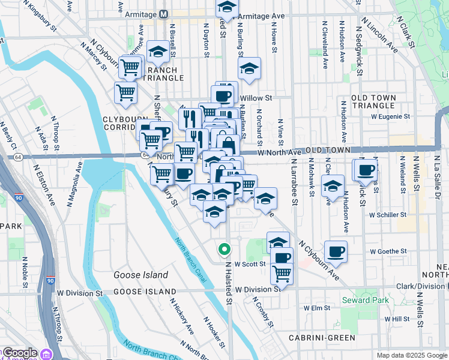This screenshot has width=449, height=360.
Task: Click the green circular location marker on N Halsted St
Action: (x=224, y=248)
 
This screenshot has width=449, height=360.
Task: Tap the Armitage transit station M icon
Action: (x=164, y=14)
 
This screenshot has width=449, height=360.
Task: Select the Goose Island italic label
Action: (x=140, y=275)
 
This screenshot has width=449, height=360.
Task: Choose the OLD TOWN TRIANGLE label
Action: (x=382, y=102)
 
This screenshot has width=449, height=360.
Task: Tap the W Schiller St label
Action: (x=388, y=214)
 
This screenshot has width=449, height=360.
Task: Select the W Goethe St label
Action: (x=388, y=251)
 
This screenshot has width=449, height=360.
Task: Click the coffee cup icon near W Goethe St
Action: (x=336, y=251)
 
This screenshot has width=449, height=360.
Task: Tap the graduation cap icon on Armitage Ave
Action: (x=226, y=7)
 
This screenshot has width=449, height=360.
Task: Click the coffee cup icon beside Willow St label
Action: (x=222, y=95)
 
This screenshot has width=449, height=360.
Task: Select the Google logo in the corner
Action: (x=19, y=353)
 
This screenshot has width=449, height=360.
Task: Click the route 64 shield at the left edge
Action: (x=18, y=157)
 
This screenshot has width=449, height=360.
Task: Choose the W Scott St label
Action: (x=250, y=263)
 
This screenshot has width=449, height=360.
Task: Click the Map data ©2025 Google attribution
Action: (x=412, y=355)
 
